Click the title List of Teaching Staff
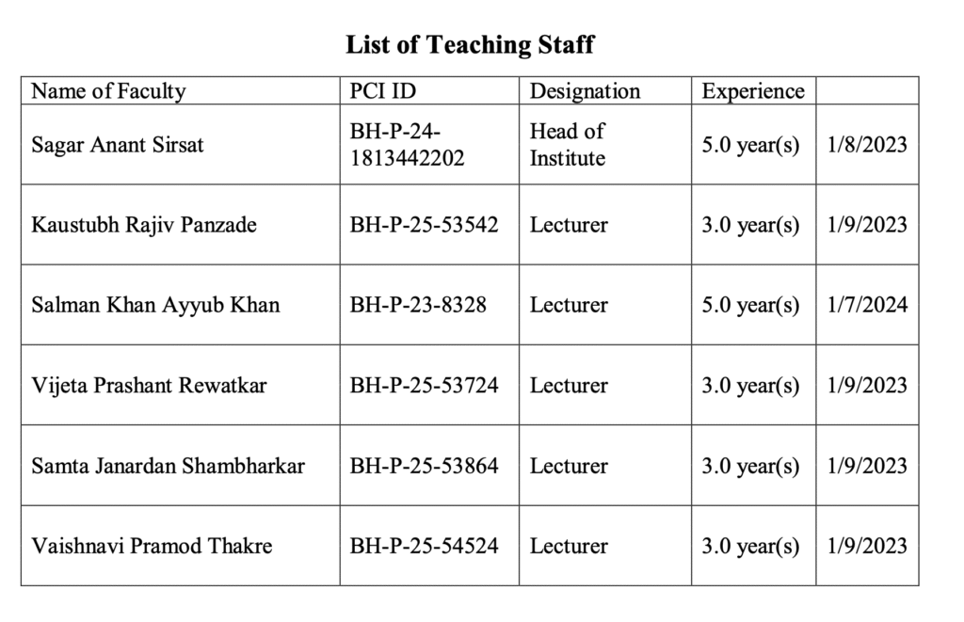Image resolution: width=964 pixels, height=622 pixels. click(x=470, y=44)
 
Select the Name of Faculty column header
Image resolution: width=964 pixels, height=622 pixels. click(x=108, y=91)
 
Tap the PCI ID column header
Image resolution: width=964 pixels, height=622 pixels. click(x=382, y=91)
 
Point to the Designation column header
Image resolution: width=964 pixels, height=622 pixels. click(x=585, y=91)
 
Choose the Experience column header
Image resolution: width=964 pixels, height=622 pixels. click(x=753, y=91)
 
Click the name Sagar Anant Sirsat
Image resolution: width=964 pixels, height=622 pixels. click(x=118, y=145)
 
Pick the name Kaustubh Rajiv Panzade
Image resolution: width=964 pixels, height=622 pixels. click(x=144, y=225)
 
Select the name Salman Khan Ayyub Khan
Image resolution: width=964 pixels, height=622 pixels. click(x=155, y=305)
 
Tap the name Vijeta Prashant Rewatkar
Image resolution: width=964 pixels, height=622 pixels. click(x=149, y=386)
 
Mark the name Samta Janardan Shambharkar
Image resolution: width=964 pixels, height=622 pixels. click(x=168, y=466)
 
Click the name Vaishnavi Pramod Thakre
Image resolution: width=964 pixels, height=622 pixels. click(x=152, y=546)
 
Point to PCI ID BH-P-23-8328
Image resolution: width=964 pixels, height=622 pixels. click(x=418, y=305)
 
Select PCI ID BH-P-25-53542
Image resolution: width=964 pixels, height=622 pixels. click(x=424, y=225)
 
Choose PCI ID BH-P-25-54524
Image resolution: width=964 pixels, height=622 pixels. click(x=424, y=546)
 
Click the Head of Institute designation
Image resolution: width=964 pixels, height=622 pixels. click(x=568, y=145)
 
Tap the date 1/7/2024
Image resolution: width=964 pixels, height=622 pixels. click(x=867, y=305)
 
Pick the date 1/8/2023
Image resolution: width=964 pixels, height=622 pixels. click(x=867, y=145)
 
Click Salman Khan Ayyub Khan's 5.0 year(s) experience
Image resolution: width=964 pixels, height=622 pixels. click(x=750, y=305)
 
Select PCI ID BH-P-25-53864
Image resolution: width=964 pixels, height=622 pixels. click(x=424, y=466)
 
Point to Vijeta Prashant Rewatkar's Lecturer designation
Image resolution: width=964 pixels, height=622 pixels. click(x=569, y=386)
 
